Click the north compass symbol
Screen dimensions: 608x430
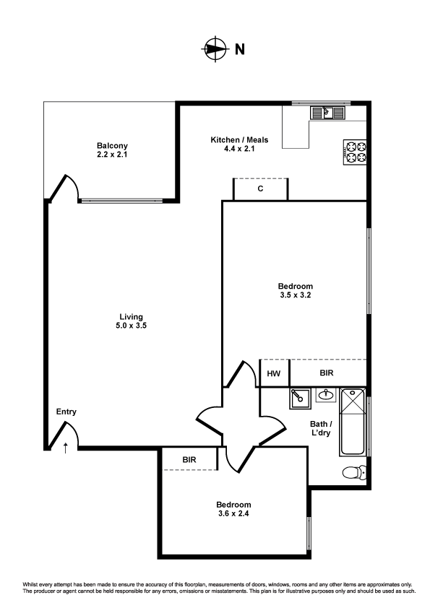pyautogui.click(x=214, y=49)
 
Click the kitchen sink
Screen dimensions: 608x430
pyautogui.click(x=328, y=112)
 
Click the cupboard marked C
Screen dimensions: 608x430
pyautogui.click(x=260, y=189)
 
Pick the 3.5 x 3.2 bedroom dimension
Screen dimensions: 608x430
pyautogui.click(x=296, y=295)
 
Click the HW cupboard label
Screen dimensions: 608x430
pyautogui.click(x=273, y=373)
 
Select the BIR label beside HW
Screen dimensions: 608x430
pyautogui.click(x=327, y=373)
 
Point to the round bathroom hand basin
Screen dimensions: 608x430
pyautogui.click(x=326, y=395)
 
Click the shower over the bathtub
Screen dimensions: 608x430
pyautogui.click(x=353, y=401)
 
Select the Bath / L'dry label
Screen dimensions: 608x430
pyautogui.click(x=321, y=429)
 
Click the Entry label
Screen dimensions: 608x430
pyautogui.click(x=66, y=412)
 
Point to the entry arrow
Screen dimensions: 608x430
pyautogui.click(x=66, y=447)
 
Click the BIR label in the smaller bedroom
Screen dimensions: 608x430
pyautogui.click(x=189, y=459)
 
